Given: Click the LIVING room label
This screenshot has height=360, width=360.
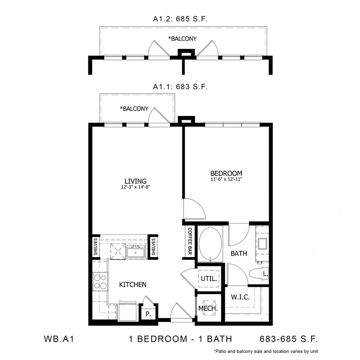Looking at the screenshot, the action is coord(136,181).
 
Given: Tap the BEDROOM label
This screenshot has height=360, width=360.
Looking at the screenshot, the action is coord(226,173).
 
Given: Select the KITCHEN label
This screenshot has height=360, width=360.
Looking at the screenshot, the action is coord(133,284).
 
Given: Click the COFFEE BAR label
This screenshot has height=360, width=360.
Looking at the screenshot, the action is coord(190,241).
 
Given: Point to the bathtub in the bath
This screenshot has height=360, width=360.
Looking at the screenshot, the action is coord(210,244).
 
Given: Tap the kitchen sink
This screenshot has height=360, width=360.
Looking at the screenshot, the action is coord(136,252).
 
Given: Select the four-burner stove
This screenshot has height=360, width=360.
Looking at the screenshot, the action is coord(100,282).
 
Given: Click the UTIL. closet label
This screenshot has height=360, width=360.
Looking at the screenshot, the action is coord(209,279).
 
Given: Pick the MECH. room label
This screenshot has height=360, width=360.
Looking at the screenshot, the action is coord(208,308).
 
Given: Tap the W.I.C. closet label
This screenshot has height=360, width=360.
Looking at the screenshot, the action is coord(240,297).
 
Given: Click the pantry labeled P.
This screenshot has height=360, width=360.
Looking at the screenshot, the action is coord(148,314).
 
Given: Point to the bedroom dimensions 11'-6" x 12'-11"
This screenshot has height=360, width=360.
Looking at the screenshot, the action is coord(226,179).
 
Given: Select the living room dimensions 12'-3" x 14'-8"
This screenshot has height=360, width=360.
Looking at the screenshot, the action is coord(136,187).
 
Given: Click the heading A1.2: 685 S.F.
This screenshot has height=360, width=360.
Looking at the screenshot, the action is coord(180,19).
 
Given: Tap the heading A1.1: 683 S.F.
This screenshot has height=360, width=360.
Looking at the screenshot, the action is coord(180,87).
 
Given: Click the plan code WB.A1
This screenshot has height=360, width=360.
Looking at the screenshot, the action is coord(59,339).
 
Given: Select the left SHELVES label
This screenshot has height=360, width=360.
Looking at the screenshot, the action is coord(96,246).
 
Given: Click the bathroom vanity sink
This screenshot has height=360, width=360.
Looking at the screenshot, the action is coord(262,244).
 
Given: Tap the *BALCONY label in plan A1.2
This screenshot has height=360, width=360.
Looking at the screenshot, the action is coord(182,38).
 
